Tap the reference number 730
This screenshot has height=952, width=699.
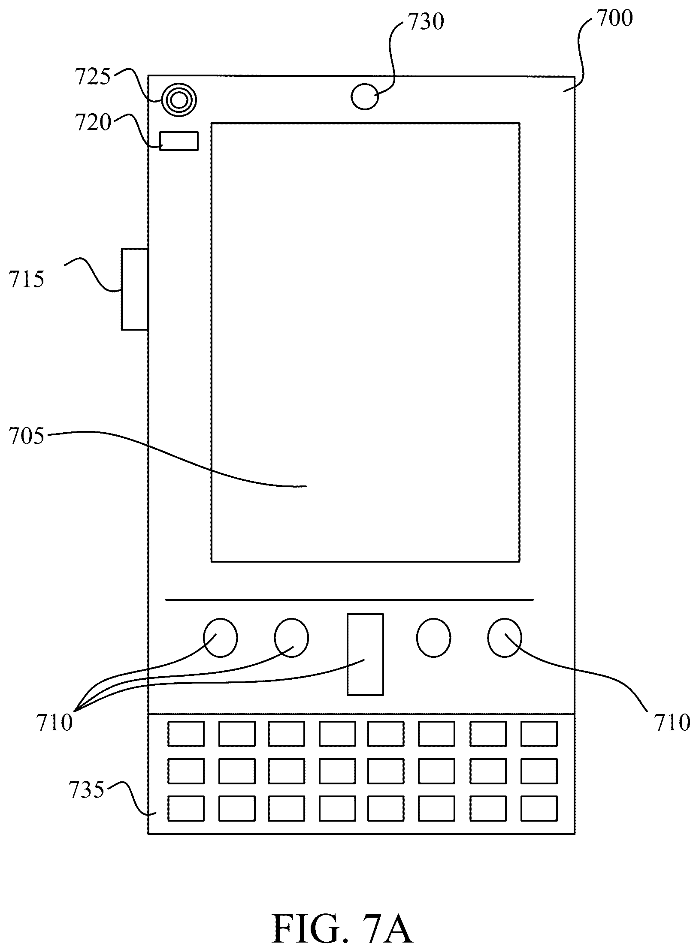tap(426, 22)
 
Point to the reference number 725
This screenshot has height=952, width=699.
tap(93, 78)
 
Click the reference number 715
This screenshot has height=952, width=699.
tap(27, 280)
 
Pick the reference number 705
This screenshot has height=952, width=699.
tap(27, 437)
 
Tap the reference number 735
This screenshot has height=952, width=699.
tap(87, 790)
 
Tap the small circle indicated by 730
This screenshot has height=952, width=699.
tap(365, 96)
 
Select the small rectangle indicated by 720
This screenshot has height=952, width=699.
tap(179, 141)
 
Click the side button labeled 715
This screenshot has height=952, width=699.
tap(135, 289)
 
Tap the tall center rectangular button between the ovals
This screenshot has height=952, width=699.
tap(365, 654)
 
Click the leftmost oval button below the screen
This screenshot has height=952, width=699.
tap(220, 637)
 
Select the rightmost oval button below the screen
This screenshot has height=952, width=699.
tap(505, 637)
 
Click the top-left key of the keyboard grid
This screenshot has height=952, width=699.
tap(186, 734)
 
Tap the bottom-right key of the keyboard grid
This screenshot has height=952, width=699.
tap(539, 808)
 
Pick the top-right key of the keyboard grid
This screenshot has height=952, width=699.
tap(539, 734)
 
